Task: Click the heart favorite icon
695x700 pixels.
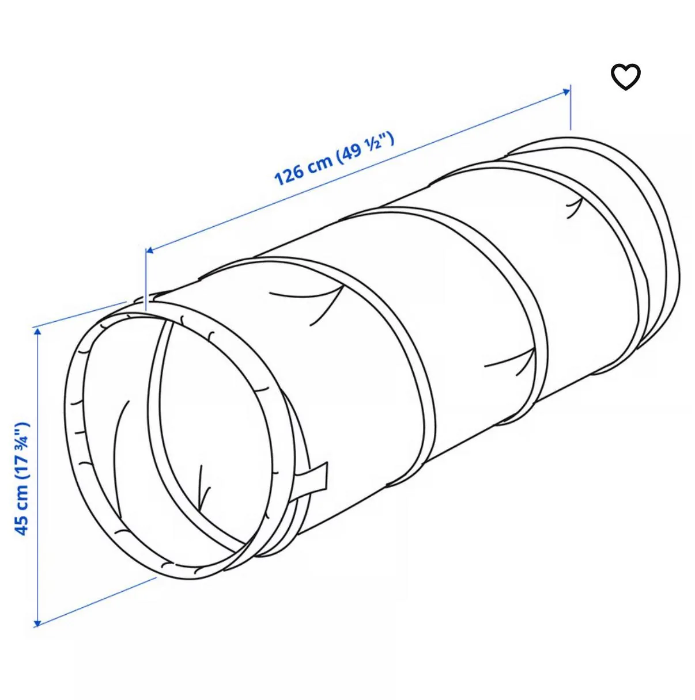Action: click(625, 77)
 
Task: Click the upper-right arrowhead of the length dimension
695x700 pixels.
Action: click(566, 91)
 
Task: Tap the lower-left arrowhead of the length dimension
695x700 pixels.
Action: click(149, 250)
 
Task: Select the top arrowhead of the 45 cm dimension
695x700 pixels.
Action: click(36, 330)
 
